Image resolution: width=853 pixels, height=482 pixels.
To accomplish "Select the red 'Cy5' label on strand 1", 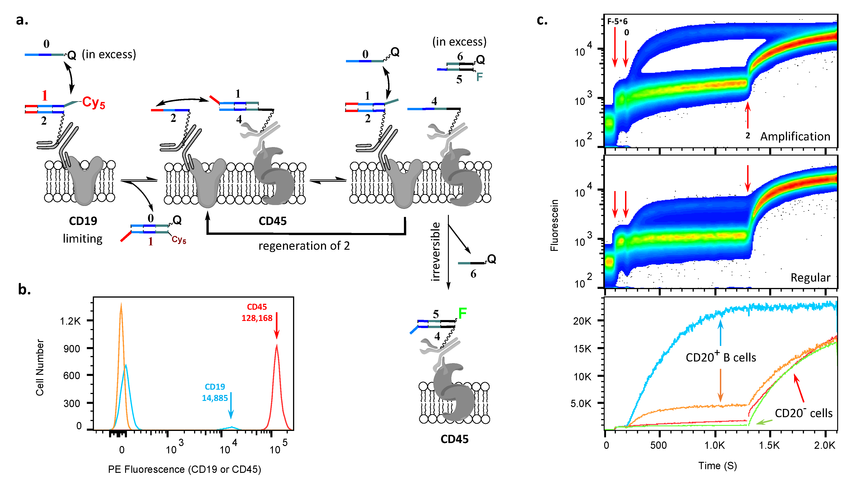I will (93, 103).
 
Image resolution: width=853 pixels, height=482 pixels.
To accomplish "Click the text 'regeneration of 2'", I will (304, 246).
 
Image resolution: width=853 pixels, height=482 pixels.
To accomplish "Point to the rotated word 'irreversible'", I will (436, 252).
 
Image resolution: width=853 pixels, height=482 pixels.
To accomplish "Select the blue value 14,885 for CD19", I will (215, 398).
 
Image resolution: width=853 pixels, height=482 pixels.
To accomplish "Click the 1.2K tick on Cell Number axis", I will (70, 321).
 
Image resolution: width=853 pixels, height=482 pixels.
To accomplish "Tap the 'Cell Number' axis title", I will (40, 367).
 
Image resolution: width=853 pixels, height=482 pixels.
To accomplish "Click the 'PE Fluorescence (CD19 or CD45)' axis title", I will (184, 469).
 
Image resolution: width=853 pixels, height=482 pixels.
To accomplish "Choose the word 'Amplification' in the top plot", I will (795, 136).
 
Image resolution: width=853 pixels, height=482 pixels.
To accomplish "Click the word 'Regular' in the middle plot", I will (810, 278).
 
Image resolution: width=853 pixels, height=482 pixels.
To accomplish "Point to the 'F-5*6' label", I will (617, 22).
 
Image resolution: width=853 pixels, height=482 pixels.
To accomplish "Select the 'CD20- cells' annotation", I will (804, 413).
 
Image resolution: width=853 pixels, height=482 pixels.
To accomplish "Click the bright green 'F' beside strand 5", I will (462, 313).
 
